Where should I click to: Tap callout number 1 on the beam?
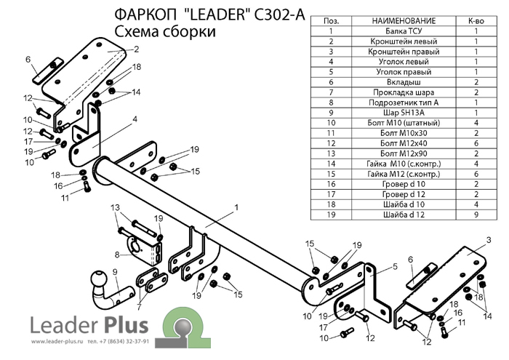click(236, 207)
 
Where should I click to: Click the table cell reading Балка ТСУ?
click(404, 31)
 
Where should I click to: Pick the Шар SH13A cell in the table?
click(404, 113)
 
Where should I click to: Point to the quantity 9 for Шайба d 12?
click(476, 215)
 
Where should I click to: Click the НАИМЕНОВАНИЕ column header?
click(404, 21)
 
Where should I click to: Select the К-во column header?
click(476, 21)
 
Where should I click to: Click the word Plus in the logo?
click(125, 325)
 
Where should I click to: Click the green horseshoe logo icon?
click(183, 328)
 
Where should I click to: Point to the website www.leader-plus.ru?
click(57, 342)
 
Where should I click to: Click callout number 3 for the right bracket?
click(489, 240)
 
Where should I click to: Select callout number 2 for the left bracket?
click(137, 49)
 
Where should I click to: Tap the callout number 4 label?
click(135, 119)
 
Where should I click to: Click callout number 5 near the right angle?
click(395, 266)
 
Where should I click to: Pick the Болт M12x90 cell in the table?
click(404, 153)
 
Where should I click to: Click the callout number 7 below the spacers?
click(140, 306)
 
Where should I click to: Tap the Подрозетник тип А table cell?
click(404, 103)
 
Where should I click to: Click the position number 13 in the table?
click(331, 153)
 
